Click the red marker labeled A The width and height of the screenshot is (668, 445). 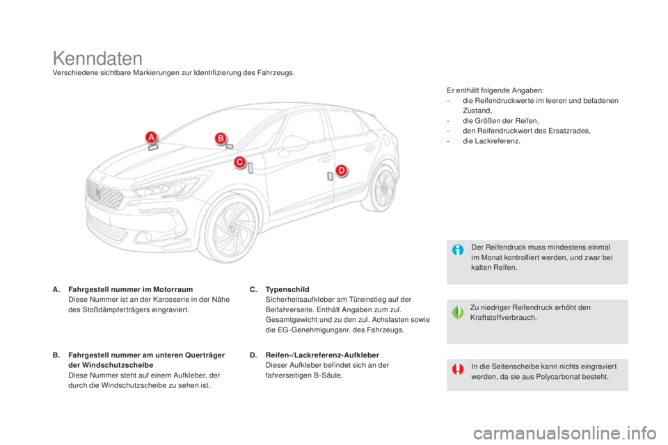pos(151,138)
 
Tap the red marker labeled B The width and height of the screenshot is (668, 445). pos(221,138)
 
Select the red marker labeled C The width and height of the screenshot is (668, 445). pos(240,162)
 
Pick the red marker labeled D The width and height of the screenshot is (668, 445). pos(341,170)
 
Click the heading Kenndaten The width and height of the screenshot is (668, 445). pos(97,58)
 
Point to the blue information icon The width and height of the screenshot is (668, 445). pos(458,250)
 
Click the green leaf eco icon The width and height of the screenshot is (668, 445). pos(458,313)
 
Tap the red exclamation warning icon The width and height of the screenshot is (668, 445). pos(458,369)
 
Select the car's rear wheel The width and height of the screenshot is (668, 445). pos(381,187)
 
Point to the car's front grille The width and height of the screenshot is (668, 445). pos(104,194)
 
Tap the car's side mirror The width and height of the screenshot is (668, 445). pos(294,143)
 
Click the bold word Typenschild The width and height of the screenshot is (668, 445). pos(287,289)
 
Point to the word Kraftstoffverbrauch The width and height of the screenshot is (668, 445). pos(504,318)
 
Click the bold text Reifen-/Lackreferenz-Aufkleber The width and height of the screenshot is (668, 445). pos(322,355)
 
